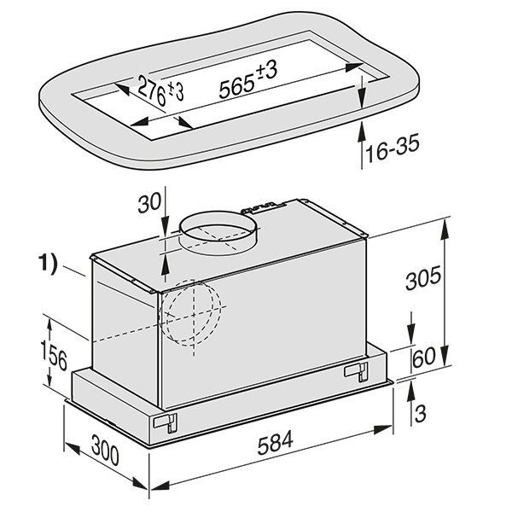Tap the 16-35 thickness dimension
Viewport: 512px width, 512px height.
pyautogui.click(x=390, y=152)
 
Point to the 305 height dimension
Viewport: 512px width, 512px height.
pyautogui.click(x=423, y=279)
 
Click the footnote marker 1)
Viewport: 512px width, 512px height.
pyautogui.click(x=49, y=264)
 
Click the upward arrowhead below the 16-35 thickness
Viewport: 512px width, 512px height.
pyautogui.click(x=364, y=128)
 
